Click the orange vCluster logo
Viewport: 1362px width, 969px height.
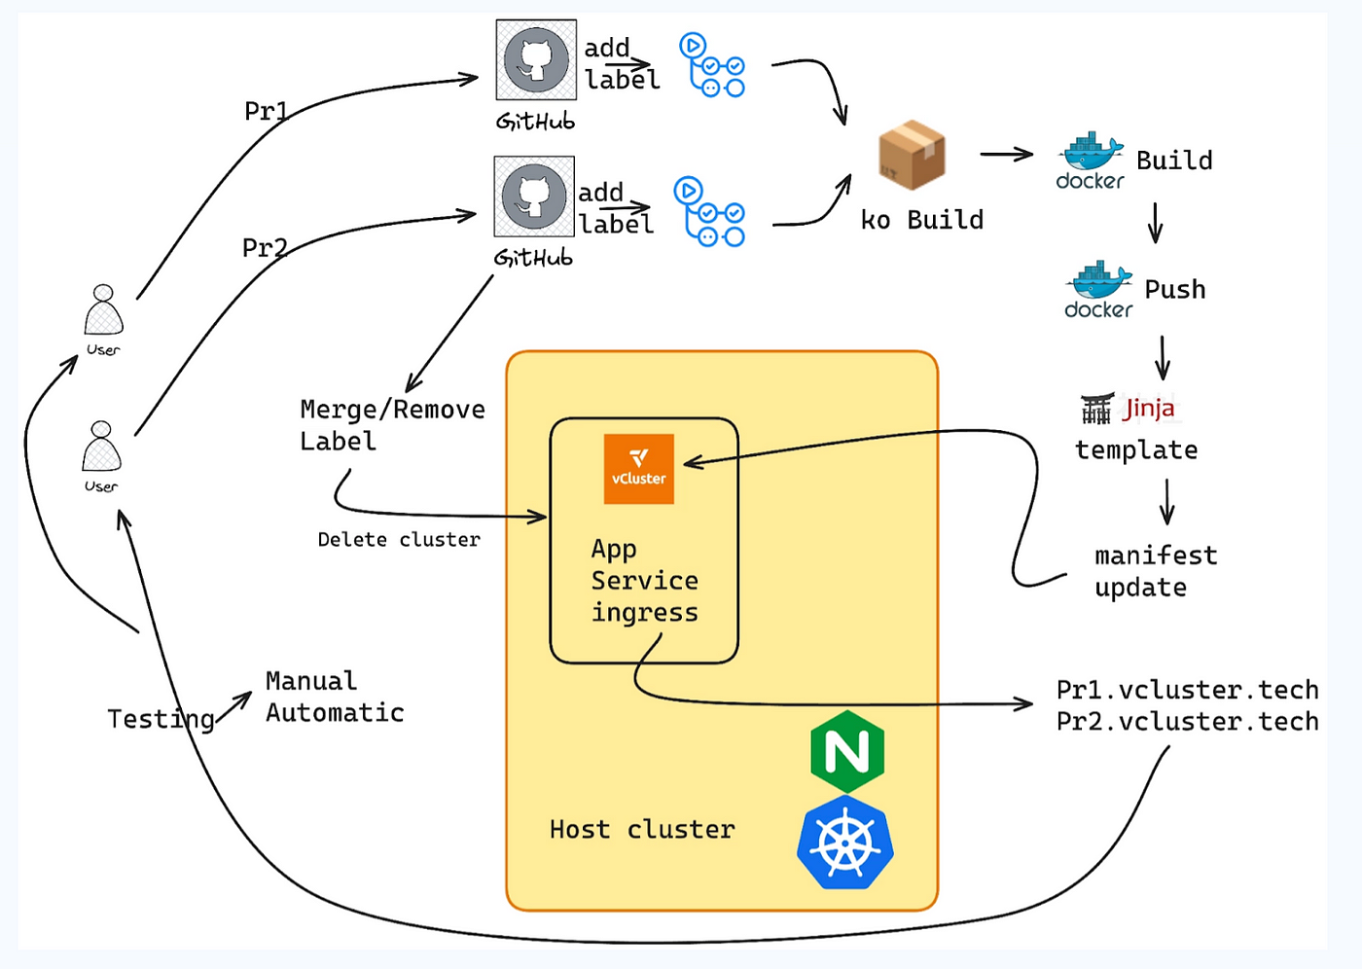[x=638, y=469]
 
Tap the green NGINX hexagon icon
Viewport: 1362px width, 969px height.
[x=847, y=751]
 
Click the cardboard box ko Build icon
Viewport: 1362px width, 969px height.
[x=913, y=155]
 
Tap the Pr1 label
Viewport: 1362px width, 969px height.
[x=266, y=111]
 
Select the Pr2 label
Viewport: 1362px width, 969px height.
[x=265, y=247]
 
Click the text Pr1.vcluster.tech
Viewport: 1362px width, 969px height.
[x=1188, y=690]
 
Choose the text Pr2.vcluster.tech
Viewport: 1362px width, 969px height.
[x=1188, y=722]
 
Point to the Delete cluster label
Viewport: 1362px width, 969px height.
[x=399, y=539]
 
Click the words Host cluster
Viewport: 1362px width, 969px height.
[x=642, y=829]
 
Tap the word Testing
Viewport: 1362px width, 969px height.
[x=161, y=720]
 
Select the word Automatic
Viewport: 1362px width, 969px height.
[x=335, y=712]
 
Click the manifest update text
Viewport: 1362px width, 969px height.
[x=1156, y=571]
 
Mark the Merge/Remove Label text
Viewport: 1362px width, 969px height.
[x=393, y=425]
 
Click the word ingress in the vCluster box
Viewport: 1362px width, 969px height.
[x=645, y=613]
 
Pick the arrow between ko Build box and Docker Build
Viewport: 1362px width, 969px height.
[x=1006, y=155]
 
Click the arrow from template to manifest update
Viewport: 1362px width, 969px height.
[x=1166, y=501]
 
